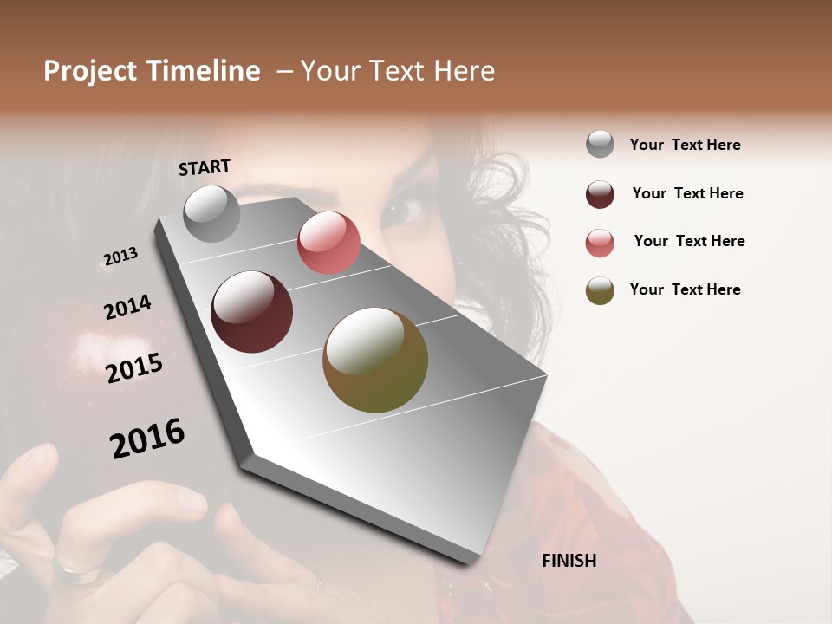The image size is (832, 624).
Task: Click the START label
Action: pyautogui.click(x=205, y=167)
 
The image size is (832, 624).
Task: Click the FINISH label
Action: pyautogui.click(x=569, y=561)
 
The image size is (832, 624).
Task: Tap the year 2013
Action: pyautogui.click(x=120, y=257)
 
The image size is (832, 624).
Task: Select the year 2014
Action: pyautogui.click(x=127, y=308)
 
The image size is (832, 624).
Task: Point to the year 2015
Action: pyautogui.click(x=134, y=368)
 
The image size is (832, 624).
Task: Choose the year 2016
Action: pyautogui.click(x=147, y=439)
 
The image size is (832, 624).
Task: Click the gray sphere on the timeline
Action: pyautogui.click(x=212, y=213)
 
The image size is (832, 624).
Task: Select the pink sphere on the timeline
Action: pyautogui.click(x=328, y=243)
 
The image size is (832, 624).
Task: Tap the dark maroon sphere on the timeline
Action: pyautogui.click(x=252, y=312)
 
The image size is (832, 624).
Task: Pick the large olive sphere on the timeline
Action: pyautogui.click(x=375, y=360)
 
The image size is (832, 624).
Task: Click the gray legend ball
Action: pyautogui.click(x=600, y=145)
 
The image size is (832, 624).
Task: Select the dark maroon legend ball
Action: pyautogui.click(x=600, y=194)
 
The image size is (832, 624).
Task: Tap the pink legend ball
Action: pyautogui.click(x=600, y=243)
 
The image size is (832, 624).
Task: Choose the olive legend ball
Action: pyautogui.click(x=600, y=290)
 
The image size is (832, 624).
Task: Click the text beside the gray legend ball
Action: pyautogui.click(x=685, y=145)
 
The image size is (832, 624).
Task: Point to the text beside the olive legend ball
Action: pyautogui.click(x=685, y=289)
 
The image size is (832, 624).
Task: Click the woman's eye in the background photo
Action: pyautogui.click(x=403, y=211)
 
